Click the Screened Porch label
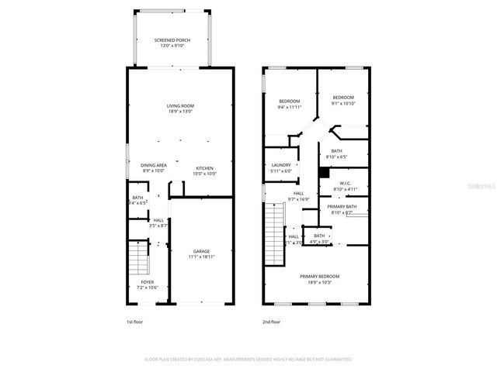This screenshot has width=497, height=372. tap(172, 43)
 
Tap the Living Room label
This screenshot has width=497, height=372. tap(180, 108)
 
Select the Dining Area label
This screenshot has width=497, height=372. tap(154, 168)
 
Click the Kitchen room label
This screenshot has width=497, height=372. tap(204, 171)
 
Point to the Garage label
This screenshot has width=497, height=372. tap(201, 255)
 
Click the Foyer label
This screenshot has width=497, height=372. tap(147, 284)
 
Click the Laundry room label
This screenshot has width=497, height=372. tap(281, 168)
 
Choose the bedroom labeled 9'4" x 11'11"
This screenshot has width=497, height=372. tap(290, 104)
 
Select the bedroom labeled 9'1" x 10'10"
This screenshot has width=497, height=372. tap(342, 101)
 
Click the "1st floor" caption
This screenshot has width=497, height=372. tap(134, 321)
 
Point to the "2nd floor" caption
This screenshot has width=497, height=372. tap(272, 321)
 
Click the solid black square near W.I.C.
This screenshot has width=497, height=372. tap(323, 173)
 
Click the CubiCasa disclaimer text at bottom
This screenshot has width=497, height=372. tap(248, 360)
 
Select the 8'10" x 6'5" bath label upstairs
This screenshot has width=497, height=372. tap(339, 154)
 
